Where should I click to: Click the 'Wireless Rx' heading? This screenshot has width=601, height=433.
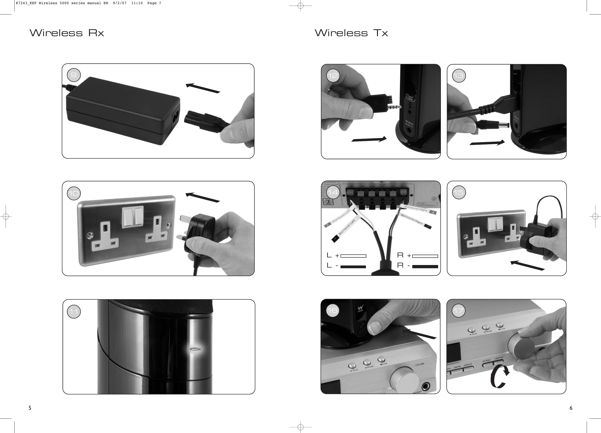click(67, 33)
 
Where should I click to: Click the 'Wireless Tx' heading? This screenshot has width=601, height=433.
click(351, 33)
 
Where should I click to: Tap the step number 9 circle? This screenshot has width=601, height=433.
click(74, 75)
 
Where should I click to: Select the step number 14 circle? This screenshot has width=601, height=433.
click(333, 192)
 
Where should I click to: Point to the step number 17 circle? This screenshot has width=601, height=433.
click(458, 311)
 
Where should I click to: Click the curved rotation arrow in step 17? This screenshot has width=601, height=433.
click(499, 376)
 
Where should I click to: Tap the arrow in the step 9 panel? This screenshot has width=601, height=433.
click(203, 88)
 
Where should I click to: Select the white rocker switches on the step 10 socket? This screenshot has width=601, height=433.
click(133, 217)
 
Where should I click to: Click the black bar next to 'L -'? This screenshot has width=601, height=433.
click(353, 267)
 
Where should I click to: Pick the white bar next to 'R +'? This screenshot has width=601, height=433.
click(425, 256)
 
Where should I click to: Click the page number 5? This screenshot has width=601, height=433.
click(30, 408)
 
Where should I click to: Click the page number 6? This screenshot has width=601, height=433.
click(571, 408)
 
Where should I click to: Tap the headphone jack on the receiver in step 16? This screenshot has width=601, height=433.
click(426, 387)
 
